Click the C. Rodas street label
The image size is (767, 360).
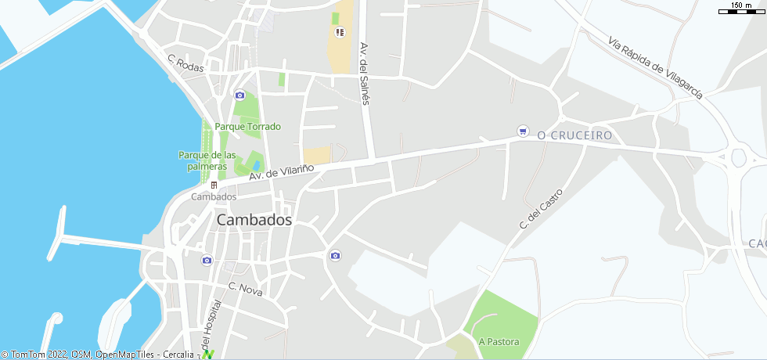pyautogui.click(x=185, y=63)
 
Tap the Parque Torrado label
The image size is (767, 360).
pyautogui.click(x=247, y=127)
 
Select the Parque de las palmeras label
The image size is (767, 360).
pyautogui.click(x=207, y=160)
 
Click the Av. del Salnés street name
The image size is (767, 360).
pyautogui.click(x=365, y=74)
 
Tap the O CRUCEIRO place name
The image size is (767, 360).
pyautogui.click(x=575, y=135)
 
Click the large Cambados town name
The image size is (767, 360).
pyautogui.click(x=254, y=221)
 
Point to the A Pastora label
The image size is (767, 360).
pyautogui.click(x=499, y=342)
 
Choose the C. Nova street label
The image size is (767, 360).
pyautogui.click(x=245, y=289)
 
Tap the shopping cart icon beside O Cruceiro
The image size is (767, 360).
pyautogui.click(x=523, y=131)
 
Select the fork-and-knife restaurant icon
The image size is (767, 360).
pyautogui.click(x=340, y=32)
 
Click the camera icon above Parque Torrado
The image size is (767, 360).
pyautogui.click(x=239, y=95)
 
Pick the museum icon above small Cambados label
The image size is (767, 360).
pyautogui.click(x=214, y=185)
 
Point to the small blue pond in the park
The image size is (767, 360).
pyautogui.click(x=256, y=164)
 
